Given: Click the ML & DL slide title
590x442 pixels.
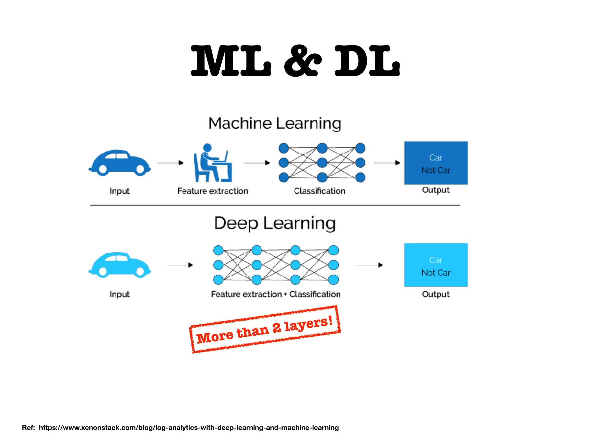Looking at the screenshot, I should coord(295,61).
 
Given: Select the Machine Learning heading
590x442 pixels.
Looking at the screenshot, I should coord(275,123).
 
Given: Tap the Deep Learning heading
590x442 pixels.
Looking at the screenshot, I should coord(275,223).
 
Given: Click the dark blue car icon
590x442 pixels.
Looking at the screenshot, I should coord(120,163).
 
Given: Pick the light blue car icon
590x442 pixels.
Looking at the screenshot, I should coord(120,265).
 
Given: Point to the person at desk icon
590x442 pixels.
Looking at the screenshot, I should coord(213,163).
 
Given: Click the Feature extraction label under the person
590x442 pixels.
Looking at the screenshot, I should coord(213,191).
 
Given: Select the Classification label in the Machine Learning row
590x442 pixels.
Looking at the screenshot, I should coord(319,191).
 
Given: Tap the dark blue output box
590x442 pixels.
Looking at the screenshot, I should coord(436,163).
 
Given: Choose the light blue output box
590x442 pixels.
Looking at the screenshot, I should coord(436,265).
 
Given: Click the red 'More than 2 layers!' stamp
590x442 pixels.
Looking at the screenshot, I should coord(265,329).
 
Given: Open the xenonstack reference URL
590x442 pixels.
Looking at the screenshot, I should coord(189,428).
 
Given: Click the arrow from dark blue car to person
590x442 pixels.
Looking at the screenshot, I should coord(170,163).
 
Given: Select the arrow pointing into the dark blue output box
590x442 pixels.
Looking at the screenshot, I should coord(387,163).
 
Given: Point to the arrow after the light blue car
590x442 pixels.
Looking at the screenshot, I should coord(180,265).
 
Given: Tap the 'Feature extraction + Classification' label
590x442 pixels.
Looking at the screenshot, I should coord(276,294).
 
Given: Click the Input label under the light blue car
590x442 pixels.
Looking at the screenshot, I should coord(120,294).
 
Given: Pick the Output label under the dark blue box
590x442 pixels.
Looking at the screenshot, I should coord(436,190).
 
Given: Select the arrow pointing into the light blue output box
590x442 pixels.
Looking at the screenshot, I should coord(370,265).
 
